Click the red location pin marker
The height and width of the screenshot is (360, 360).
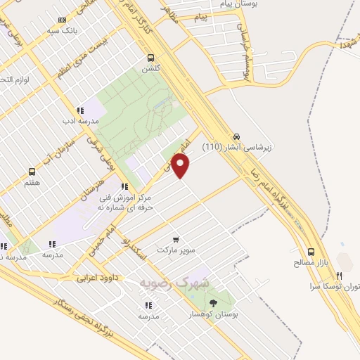[181, 166]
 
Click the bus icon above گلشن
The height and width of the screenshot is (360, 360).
[151, 58]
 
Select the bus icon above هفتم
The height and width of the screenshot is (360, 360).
[32, 172]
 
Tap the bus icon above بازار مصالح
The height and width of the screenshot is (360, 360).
[311, 252]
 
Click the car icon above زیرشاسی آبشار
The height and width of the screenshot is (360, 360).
[237, 136]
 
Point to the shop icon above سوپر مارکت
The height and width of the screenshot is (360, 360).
[175, 239]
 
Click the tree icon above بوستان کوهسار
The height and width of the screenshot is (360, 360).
[214, 303]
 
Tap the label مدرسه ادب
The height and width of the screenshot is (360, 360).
[77, 121]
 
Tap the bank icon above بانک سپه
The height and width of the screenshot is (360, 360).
[63, 20]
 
